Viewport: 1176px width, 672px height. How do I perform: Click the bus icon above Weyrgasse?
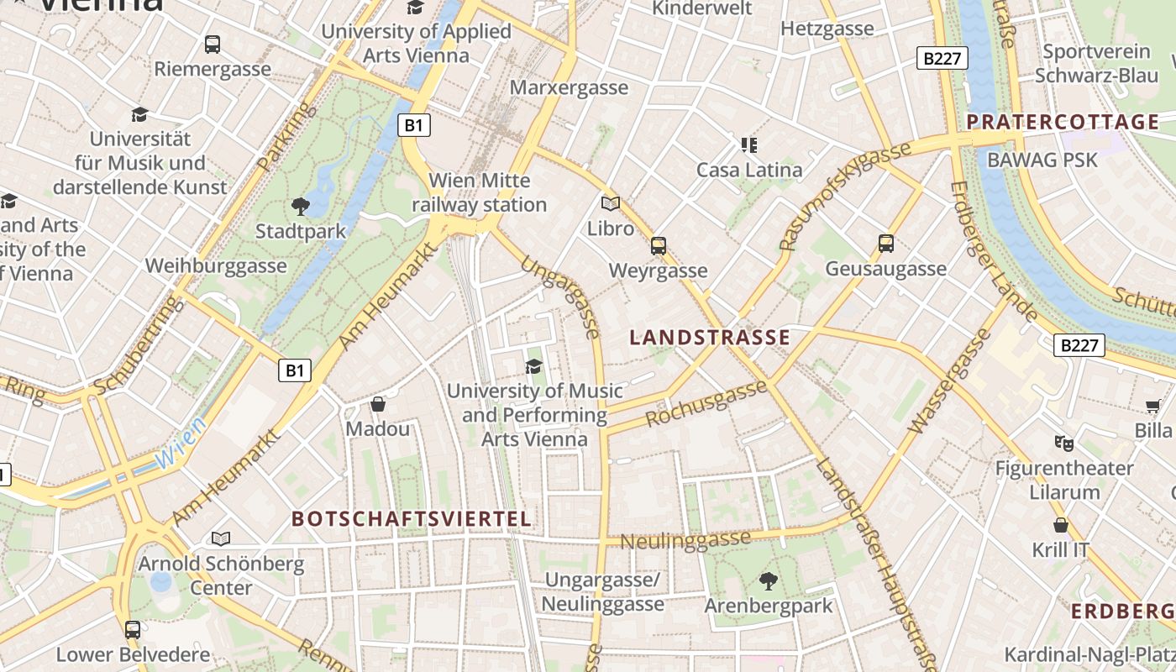click(x=659, y=246)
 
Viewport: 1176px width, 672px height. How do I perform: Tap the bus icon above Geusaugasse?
click(x=885, y=244)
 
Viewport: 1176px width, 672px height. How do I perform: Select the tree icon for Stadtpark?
click(x=300, y=206)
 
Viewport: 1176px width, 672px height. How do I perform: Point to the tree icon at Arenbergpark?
click(x=768, y=580)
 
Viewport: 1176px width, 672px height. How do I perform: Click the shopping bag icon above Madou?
click(x=378, y=404)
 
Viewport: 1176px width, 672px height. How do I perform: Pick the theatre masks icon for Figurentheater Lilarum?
click(x=1063, y=443)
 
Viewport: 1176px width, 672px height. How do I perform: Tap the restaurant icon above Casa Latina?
click(x=749, y=144)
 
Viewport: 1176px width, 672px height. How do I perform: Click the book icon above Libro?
click(x=611, y=203)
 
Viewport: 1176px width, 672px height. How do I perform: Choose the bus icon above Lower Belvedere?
click(x=133, y=629)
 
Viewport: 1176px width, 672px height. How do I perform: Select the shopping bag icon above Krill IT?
click(x=1061, y=525)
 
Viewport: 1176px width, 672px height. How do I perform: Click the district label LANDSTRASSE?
click(x=710, y=338)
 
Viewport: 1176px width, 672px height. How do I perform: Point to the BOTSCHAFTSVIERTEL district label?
click(x=412, y=518)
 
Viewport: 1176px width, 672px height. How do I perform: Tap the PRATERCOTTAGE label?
click(x=1063, y=122)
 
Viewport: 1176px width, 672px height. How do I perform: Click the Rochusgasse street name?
click(x=706, y=403)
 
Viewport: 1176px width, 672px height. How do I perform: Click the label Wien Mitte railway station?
click(x=479, y=192)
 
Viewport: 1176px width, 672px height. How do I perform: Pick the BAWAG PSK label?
click(x=1042, y=159)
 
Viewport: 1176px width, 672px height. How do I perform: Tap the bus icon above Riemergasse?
click(x=213, y=45)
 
